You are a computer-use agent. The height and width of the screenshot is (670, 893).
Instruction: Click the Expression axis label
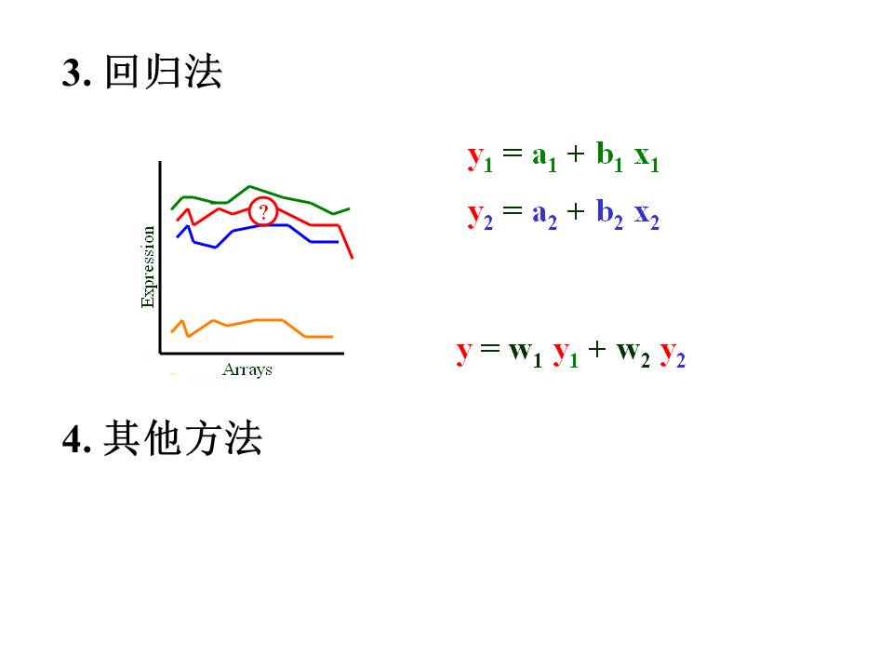[148, 267]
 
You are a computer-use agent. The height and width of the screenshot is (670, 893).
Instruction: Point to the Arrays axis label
[247, 369]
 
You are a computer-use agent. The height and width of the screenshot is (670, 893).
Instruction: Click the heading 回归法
[164, 72]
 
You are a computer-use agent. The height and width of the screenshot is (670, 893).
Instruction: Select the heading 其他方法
[183, 438]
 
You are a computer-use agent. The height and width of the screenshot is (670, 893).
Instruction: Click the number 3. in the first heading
[76, 73]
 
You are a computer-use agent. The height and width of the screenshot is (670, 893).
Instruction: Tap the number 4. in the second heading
[77, 439]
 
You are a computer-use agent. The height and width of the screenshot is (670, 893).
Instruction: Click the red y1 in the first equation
[480, 156]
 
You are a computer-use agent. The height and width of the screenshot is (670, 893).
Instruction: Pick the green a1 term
[544, 156]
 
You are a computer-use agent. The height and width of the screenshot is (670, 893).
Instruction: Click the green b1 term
[609, 155]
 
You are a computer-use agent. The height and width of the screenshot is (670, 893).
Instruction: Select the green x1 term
[646, 157]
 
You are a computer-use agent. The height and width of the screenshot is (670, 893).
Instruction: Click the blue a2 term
[544, 215]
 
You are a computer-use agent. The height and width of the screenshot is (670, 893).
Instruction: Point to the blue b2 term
[609, 214]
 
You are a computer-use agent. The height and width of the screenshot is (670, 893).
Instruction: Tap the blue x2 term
[646, 216]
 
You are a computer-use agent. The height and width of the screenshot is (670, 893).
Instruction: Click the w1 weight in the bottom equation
[525, 354]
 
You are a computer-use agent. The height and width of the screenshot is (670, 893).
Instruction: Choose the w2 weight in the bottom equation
[633, 354]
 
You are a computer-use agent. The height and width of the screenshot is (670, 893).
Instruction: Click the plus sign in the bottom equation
[597, 349]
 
